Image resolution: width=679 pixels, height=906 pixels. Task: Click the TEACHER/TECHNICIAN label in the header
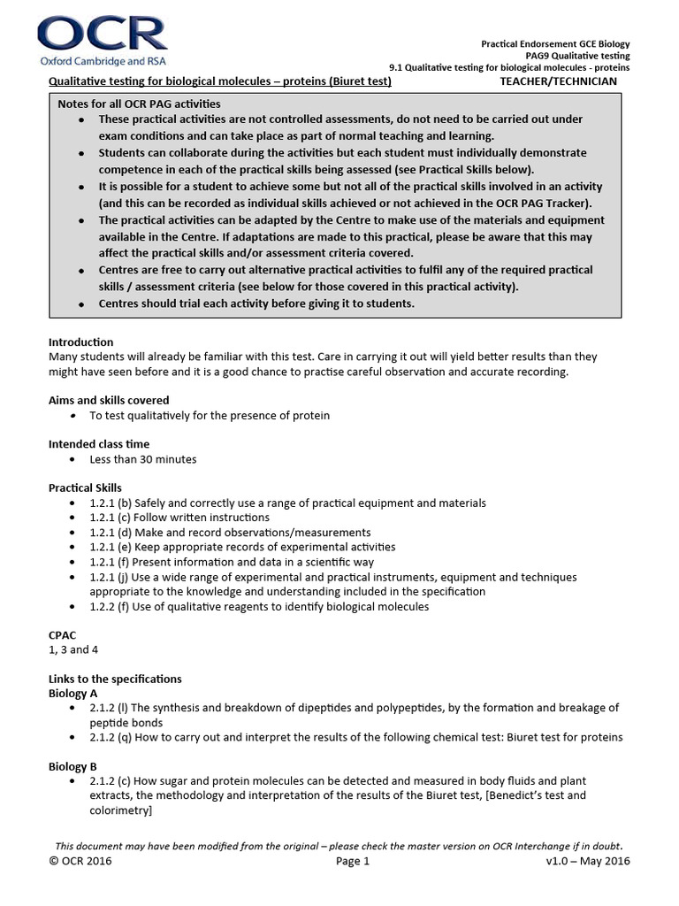(559, 81)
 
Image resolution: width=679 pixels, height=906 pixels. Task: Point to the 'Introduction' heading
(80, 342)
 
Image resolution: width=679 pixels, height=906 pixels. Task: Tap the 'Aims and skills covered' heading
(109, 401)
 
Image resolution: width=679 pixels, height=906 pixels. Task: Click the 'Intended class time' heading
(99, 444)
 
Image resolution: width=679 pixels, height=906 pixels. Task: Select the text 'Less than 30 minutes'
(143, 459)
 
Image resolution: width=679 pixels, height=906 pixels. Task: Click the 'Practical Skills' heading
(85, 488)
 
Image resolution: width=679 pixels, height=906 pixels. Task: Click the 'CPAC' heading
(63, 634)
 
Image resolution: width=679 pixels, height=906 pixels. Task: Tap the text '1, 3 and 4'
(73, 649)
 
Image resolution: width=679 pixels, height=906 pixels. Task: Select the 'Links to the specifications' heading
(115, 679)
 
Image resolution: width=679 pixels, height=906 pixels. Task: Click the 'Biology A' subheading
(72, 693)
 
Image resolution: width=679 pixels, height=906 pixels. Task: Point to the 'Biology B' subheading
(72, 766)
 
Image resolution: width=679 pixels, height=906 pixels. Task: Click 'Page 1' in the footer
(353, 861)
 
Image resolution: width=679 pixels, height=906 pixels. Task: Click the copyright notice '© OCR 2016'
(80, 861)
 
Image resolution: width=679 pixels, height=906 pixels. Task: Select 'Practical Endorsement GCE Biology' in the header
(555, 43)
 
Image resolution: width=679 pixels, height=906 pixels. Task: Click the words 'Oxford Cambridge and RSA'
(102, 61)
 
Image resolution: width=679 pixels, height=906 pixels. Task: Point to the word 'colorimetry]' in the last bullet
(120, 810)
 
